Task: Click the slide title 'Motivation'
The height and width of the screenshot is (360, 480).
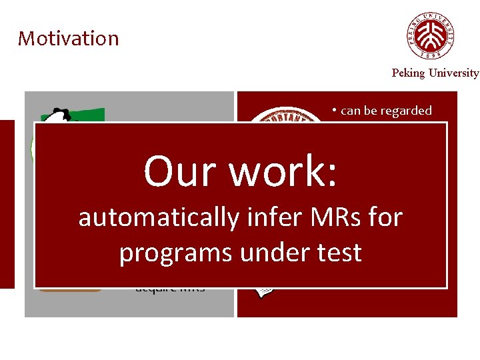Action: tap(68, 39)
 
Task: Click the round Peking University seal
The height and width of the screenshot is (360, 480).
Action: tap(432, 37)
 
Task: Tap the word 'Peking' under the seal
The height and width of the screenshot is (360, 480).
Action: tap(408, 73)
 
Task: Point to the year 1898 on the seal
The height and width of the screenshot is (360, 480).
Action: tap(432, 54)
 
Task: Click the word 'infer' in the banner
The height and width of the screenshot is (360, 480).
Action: tap(271, 217)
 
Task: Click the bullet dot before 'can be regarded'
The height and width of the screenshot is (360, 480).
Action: tap(335, 111)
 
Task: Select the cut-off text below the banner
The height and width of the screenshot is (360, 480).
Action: tap(170, 290)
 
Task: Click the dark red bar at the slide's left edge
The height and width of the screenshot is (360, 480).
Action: tap(7, 204)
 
